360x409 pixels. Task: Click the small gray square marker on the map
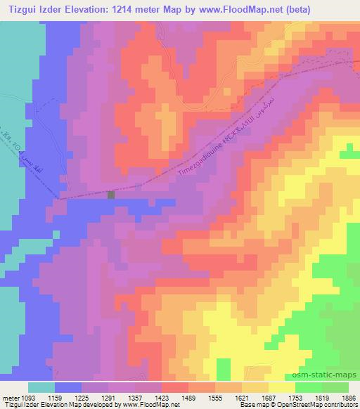coord(111,195)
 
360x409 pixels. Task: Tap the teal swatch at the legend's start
coord(41,387)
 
